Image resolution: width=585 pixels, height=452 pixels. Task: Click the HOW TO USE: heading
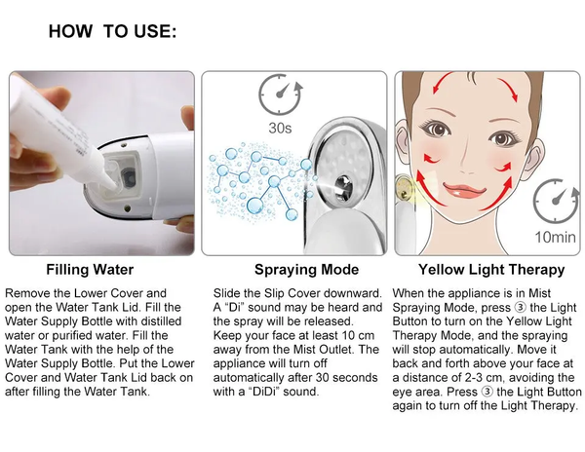[112, 31]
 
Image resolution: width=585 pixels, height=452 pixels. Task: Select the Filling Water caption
[91, 269]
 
